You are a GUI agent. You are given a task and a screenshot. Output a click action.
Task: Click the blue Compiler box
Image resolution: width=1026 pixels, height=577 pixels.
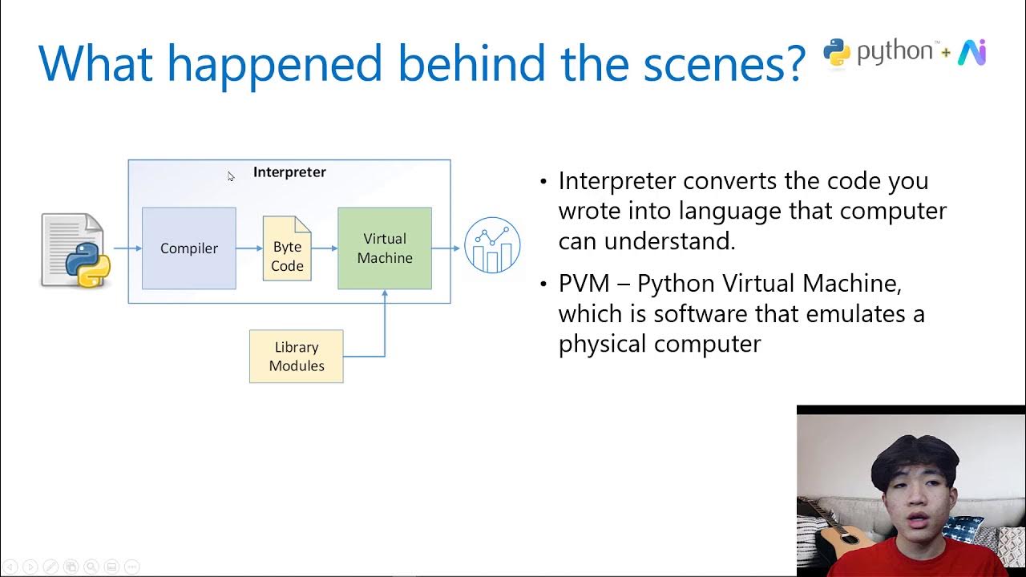click(189, 248)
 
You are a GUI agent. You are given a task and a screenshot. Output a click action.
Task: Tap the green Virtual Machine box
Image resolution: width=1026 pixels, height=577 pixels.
click(385, 248)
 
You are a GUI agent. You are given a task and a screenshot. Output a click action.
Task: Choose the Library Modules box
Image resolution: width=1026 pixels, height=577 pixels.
click(297, 357)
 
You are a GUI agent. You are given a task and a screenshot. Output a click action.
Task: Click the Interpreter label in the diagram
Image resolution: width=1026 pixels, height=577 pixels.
click(289, 172)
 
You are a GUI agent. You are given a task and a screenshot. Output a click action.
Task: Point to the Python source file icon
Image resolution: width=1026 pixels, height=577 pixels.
click(74, 250)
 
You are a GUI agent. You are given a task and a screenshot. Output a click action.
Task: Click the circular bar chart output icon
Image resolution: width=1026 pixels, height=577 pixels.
click(492, 245)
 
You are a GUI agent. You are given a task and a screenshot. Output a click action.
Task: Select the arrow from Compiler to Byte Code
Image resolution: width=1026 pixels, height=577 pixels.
click(249, 248)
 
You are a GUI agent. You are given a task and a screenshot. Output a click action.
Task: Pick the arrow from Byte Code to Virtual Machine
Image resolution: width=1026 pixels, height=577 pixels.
click(325, 248)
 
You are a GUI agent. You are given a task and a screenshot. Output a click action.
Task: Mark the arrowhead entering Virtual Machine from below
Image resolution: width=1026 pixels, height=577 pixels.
click(385, 294)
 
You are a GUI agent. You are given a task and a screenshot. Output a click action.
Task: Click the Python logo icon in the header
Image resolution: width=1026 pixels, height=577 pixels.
click(837, 52)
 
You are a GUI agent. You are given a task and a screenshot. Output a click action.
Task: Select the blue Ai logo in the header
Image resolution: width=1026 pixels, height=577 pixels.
click(971, 52)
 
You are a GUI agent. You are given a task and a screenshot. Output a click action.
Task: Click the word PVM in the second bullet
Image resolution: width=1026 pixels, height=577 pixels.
click(584, 284)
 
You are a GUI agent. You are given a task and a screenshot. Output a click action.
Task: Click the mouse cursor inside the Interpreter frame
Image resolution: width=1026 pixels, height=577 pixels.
click(231, 176)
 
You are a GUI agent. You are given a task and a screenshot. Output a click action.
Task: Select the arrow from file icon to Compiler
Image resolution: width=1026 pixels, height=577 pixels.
click(127, 248)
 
